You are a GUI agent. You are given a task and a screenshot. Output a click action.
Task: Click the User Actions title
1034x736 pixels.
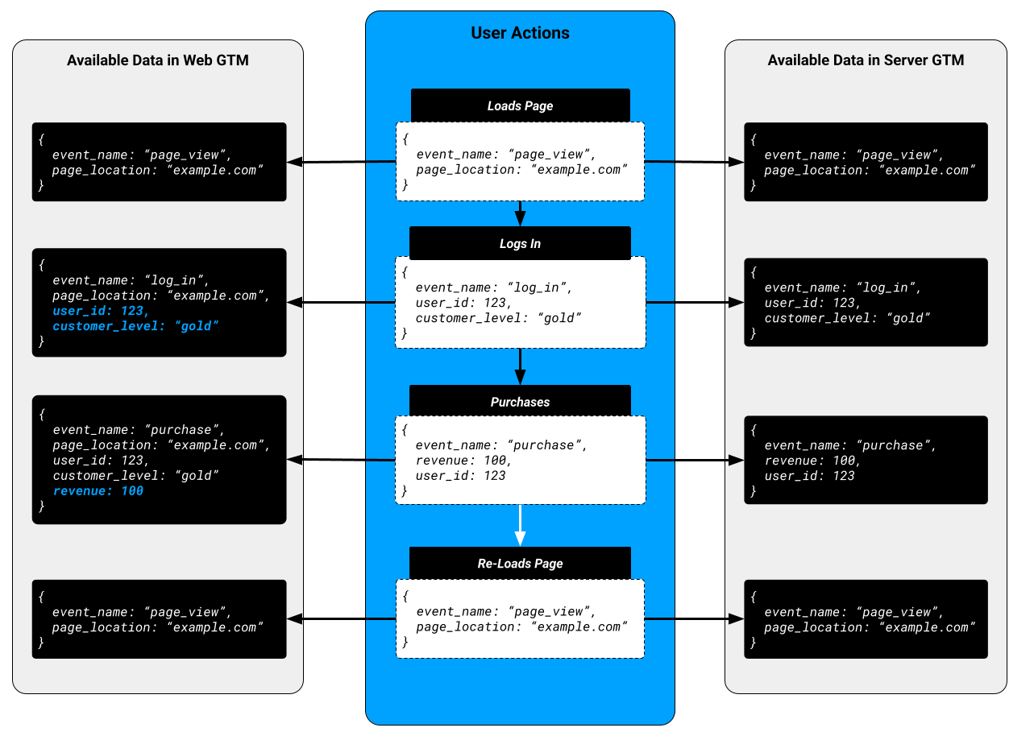coord(520,33)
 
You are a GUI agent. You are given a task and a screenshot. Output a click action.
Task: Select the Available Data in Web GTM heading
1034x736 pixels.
coord(157,60)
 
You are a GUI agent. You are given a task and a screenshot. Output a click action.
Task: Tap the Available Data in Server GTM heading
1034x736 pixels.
coord(866,60)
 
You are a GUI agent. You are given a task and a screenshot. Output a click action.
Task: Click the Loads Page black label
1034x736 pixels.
coord(520,105)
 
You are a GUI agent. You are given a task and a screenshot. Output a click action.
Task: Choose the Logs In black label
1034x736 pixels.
coord(520,243)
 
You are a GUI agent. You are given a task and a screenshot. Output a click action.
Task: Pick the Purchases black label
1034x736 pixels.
coord(520,401)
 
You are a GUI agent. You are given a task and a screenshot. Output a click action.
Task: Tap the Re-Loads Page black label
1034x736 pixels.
coord(520,563)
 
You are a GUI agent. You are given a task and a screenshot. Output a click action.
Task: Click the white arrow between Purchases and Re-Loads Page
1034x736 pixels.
coord(520,525)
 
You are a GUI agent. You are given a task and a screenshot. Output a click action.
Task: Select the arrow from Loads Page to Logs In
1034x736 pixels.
coord(520,214)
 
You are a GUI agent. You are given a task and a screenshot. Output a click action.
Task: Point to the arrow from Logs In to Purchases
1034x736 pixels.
coord(520,367)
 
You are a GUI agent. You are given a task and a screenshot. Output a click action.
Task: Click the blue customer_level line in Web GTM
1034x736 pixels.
coord(135,326)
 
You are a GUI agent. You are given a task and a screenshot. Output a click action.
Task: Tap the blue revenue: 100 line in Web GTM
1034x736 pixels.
coord(98,490)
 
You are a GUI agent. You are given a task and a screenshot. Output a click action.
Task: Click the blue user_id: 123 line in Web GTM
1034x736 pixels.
coord(101,311)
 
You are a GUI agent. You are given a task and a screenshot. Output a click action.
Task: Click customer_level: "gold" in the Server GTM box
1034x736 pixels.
coord(847,318)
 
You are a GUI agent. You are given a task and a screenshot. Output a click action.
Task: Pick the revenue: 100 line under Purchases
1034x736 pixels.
coord(463,461)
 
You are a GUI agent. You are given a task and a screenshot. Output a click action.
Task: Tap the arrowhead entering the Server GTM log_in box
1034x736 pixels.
coord(735,303)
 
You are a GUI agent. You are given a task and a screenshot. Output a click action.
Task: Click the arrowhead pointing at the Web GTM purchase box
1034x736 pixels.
coord(295,460)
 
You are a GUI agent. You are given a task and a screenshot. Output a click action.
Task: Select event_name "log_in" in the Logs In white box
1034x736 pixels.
coord(493,287)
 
